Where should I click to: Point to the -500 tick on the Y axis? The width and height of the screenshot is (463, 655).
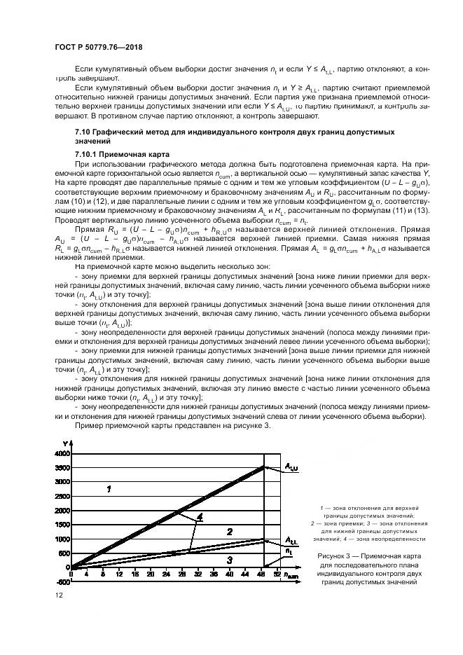point(62,581)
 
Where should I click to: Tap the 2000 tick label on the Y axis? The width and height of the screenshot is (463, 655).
point(62,510)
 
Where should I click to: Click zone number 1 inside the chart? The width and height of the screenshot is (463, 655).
point(109,489)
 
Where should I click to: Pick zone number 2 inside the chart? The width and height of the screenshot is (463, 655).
point(229,532)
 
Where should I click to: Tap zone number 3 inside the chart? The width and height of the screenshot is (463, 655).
point(229,560)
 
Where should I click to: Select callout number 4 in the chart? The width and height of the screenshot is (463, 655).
point(199,518)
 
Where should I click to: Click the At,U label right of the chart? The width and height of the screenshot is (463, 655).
point(291,466)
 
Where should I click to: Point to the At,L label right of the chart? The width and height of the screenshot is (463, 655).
point(290,540)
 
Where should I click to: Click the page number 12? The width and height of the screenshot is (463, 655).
point(58,595)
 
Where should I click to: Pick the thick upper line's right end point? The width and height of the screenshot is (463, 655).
point(265,466)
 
